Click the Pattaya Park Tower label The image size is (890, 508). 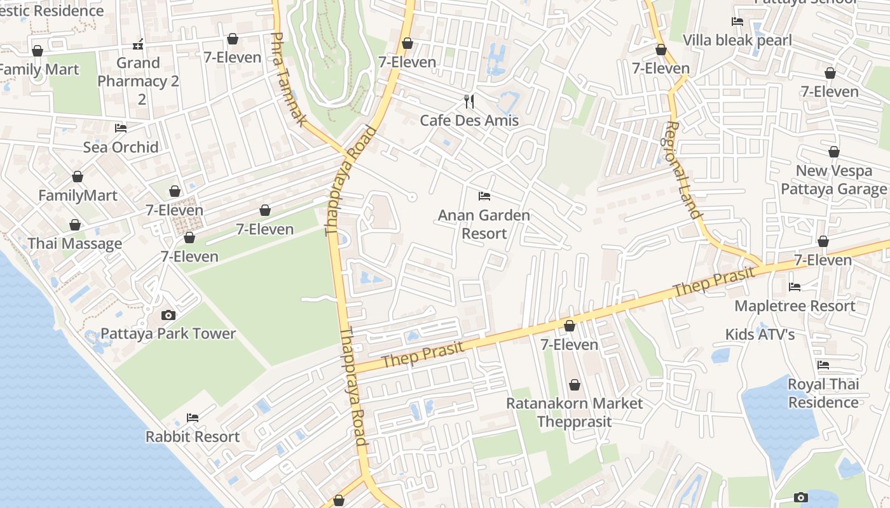(x=168, y=333)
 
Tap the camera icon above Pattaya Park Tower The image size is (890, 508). (x=168, y=315)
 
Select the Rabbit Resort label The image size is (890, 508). (x=193, y=436)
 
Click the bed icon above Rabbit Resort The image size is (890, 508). (x=193, y=418)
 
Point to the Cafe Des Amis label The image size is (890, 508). (x=469, y=120)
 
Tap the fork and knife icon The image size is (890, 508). (x=469, y=101)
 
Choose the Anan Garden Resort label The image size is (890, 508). (x=484, y=224)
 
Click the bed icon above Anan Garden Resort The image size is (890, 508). (x=484, y=196)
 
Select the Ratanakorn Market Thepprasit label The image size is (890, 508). (x=574, y=412)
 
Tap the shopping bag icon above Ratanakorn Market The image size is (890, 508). (x=575, y=385)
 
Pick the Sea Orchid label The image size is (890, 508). (x=121, y=147)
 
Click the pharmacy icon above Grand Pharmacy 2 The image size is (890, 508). (x=138, y=44)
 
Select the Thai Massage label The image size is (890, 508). (x=75, y=243)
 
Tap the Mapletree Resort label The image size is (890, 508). (x=795, y=305)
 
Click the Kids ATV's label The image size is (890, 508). (x=760, y=334)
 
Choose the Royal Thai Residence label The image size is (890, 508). (x=823, y=393)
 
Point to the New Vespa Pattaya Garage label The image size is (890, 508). (x=833, y=180)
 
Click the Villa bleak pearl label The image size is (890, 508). (x=737, y=40)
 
